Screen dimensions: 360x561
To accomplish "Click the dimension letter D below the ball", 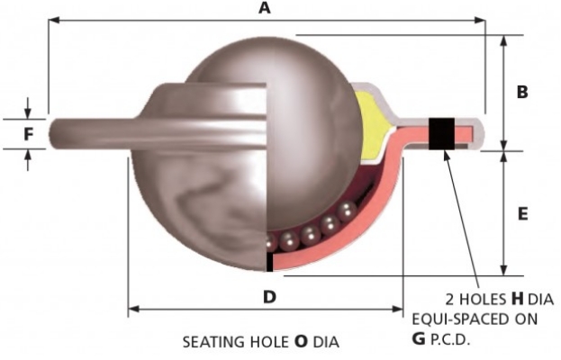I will [x=267, y=295].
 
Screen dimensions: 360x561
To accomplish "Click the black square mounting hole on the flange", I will [x=441, y=132].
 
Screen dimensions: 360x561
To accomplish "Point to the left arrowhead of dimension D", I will [x=132, y=309].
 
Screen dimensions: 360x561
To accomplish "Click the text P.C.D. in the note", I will [x=452, y=340].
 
